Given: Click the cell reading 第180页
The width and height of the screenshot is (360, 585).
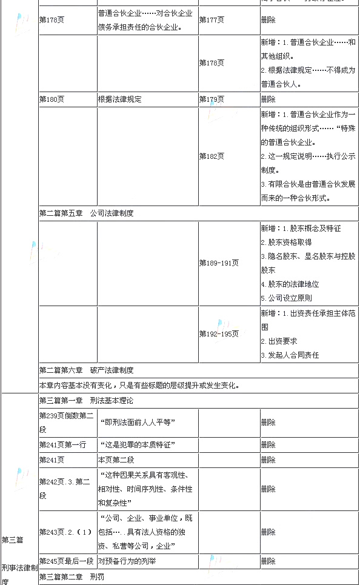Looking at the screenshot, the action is point(52,99).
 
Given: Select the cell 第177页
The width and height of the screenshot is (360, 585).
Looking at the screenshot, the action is point(212,19).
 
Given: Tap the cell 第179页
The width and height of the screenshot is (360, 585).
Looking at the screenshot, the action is point(212,99).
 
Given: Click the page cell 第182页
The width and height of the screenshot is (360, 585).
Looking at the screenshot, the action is point(212,156).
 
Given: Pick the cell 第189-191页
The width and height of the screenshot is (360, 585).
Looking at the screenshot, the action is point(219,262).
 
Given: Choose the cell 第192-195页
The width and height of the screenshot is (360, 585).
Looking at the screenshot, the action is point(219,333).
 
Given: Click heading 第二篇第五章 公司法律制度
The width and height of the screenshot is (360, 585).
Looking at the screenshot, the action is point(86,213).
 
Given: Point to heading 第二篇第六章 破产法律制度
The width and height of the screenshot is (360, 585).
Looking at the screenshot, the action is point(86,369).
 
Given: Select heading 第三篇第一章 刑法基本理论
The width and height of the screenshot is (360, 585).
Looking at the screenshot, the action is point(86,400).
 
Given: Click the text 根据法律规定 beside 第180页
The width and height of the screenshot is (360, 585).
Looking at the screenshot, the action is point(119,99).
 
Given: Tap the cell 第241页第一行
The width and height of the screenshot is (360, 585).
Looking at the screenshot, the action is point(62,444).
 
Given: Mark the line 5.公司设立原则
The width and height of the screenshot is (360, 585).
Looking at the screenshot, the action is point(286,298).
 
